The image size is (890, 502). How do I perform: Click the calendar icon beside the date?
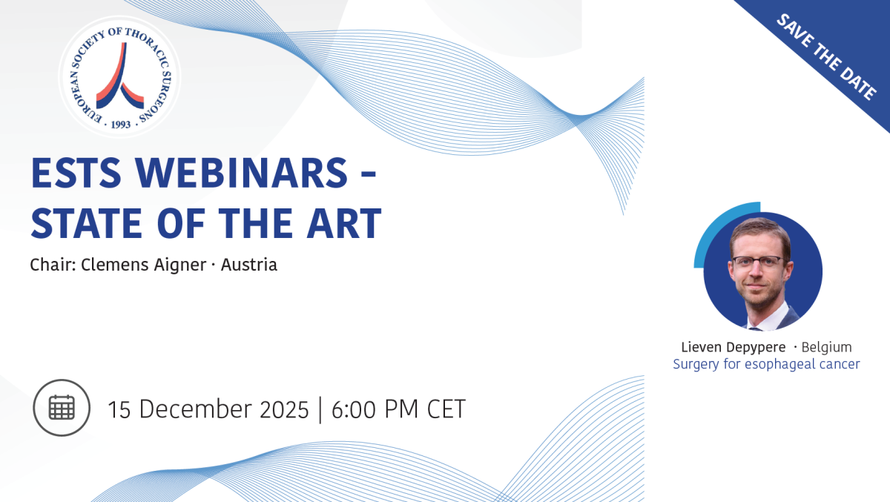click(62, 408)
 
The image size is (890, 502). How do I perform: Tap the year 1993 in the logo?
click(121, 125)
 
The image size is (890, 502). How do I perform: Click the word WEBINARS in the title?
click(242, 173)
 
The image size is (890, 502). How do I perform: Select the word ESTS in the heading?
click(76, 173)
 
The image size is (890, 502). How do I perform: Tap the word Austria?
click(249, 265)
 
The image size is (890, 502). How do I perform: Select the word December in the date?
click(196, 409)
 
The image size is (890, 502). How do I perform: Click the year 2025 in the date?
click(284, 409)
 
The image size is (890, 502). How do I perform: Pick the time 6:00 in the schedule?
click(354, 409)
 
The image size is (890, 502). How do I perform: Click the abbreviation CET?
click(446, 409)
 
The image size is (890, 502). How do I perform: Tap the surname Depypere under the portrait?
click(756, 348)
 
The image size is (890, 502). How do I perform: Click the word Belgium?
click(826, 347)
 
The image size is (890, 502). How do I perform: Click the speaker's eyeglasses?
click(758, 262)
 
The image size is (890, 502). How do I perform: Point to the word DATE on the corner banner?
click(857, 82)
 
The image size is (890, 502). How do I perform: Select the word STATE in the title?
click(86, 223)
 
